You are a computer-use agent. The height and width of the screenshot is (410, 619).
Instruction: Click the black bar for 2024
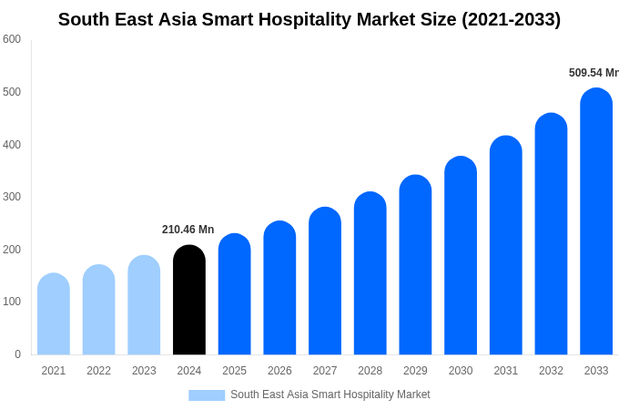point(189,300)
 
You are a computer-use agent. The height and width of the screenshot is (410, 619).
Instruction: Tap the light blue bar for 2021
point(54,314)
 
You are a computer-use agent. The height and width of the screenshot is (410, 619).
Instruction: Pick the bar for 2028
point(370,273)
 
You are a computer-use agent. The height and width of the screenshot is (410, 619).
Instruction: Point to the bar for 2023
point(144,305)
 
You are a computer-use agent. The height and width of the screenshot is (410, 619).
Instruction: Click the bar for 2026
point(279,288)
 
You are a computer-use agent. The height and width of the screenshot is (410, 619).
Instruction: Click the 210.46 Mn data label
point(188,230)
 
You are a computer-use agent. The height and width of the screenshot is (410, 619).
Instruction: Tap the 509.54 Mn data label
point(593,73)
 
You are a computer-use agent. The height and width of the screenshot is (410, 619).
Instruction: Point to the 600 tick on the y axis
point(12,39)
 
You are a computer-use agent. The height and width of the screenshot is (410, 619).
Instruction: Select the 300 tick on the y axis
point(12,197)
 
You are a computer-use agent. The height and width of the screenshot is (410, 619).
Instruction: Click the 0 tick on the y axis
point(17,354)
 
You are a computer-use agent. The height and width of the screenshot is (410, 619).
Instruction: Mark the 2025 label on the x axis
point(234,371)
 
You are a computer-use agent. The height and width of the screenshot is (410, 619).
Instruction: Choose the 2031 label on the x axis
point(506,371)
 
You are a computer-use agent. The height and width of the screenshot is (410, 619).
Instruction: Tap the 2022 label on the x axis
point(98,371)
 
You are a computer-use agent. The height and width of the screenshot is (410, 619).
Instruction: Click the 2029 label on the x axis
point(415,371)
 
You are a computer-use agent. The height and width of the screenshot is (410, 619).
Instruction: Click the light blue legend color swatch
point(207,395)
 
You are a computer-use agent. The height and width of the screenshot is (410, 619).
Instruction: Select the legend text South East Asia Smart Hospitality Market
point(330,395)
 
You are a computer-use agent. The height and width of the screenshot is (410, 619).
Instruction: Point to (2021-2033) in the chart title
point(511,19)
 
